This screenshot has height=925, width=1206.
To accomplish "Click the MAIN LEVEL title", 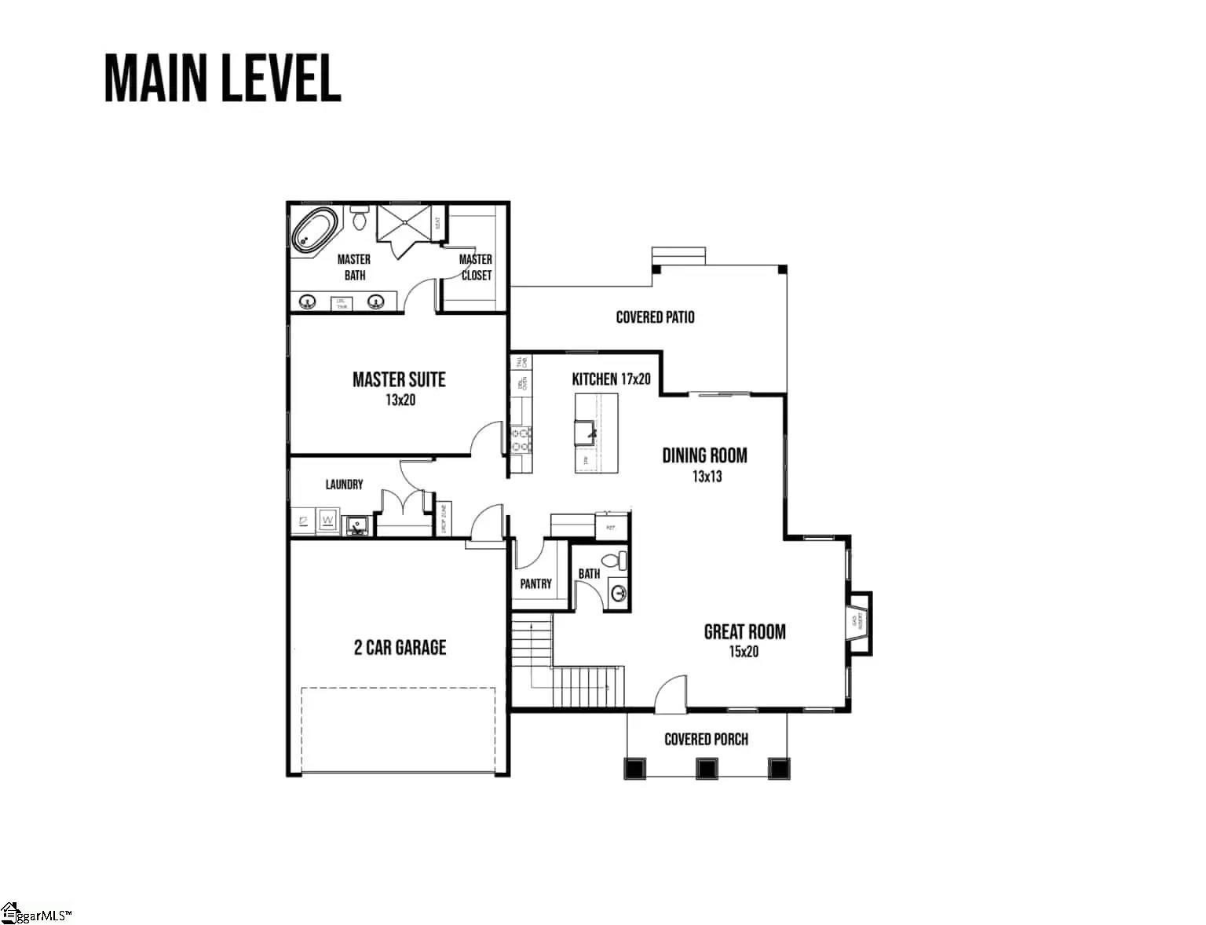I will pos(222,79).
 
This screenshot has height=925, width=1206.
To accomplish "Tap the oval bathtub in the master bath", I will pos(315,229).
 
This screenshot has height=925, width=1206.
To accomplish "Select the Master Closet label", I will pos(476,267).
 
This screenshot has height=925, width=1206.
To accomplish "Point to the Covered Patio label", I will pos(655,317).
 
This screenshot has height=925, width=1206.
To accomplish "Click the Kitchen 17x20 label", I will pos(611,379).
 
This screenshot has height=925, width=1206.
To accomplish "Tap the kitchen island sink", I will pos(584,431).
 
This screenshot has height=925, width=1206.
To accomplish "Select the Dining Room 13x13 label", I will pos(704,464).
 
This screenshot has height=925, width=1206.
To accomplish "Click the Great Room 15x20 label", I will pos(744,640).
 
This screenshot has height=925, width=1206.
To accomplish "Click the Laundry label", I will pos(344,484).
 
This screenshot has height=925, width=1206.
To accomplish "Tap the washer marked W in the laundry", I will pos(327,521).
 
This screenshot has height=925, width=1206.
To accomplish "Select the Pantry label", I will pos(535,583).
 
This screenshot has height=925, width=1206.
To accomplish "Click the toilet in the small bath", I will pos(621,561).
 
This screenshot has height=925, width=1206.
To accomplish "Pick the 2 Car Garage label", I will pos(400,648).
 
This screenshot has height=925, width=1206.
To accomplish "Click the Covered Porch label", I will pos(706,739).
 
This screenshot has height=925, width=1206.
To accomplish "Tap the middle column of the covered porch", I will pos(707,767).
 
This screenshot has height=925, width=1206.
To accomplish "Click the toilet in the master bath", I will pos(360,218).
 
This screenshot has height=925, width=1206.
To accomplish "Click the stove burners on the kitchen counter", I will pos(521,440).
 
